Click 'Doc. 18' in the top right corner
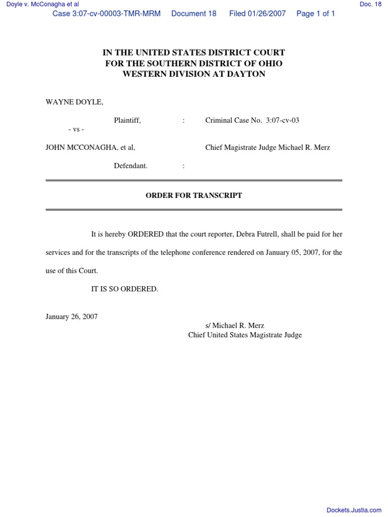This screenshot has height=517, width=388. click(370, 4)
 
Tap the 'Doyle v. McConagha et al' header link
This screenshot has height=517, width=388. click(39, 4)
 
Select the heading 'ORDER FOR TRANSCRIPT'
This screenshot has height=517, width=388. click(194, 195)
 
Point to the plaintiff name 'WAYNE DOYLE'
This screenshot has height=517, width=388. click(74, 102)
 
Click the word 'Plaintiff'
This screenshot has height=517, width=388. click(127, 120)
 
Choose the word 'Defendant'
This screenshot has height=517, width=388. click(130, 166)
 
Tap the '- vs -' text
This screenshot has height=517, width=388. click(76, 130)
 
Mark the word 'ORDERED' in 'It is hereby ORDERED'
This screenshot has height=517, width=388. click(145, 234)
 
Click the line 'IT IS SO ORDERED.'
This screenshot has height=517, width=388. click(124, 289)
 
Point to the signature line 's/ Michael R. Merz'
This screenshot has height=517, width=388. click(235, 326)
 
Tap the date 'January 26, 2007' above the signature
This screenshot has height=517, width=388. click(72, 317)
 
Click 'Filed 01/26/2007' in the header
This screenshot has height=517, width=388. click(257, 14)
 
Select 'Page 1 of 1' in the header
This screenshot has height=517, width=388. click(316, 14)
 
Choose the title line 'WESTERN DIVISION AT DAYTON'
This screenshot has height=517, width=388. click(194, 74)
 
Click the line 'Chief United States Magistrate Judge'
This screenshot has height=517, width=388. click(245, 335)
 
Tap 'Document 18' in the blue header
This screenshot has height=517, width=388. click(194, 14)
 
